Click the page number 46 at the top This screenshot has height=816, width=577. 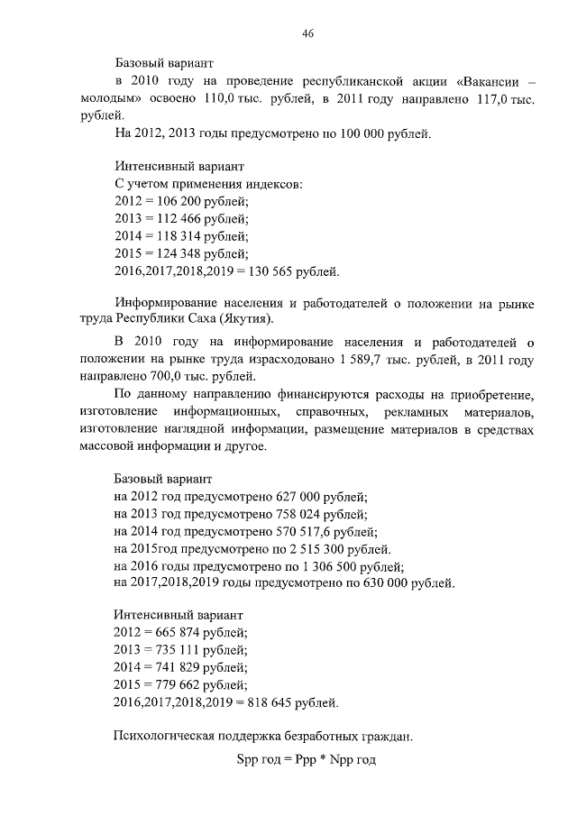[x=307, y=33]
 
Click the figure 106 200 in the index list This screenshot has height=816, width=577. [x=184, y=201]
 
